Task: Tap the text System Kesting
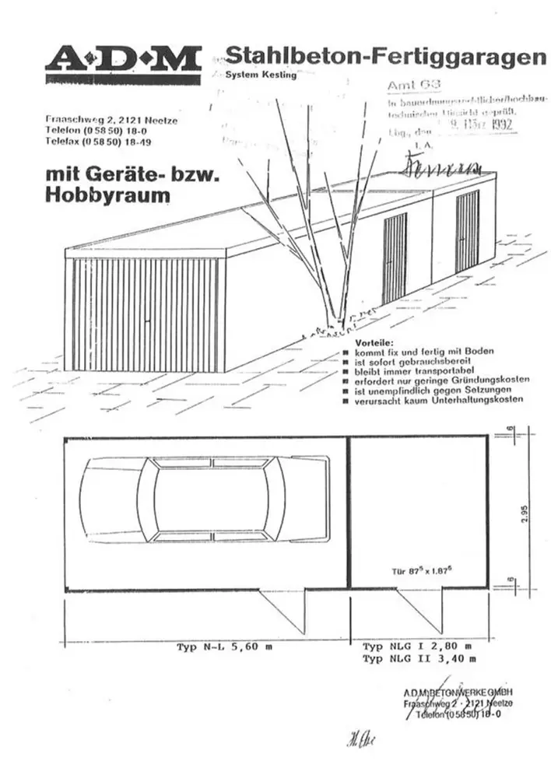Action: click(x=261, y=75)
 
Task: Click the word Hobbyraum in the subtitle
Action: click(x=107, y=195)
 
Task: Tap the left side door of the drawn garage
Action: click(x=395, y=258)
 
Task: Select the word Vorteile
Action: click(x=374, y=343)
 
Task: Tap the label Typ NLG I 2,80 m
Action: click(x=417, y=647)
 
